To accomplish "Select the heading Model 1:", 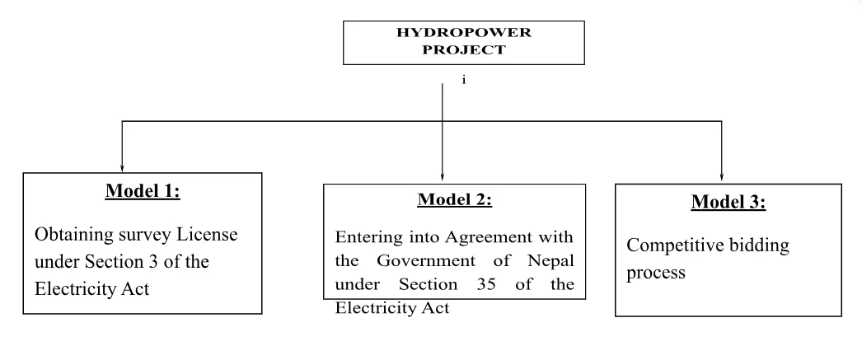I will coord(143,192).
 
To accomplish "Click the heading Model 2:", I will coord(454,199).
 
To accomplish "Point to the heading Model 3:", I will coord(728,203).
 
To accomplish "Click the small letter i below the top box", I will coord(464,82).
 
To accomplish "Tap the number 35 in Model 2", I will coord(497,285).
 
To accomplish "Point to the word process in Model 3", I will coord(655,273).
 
